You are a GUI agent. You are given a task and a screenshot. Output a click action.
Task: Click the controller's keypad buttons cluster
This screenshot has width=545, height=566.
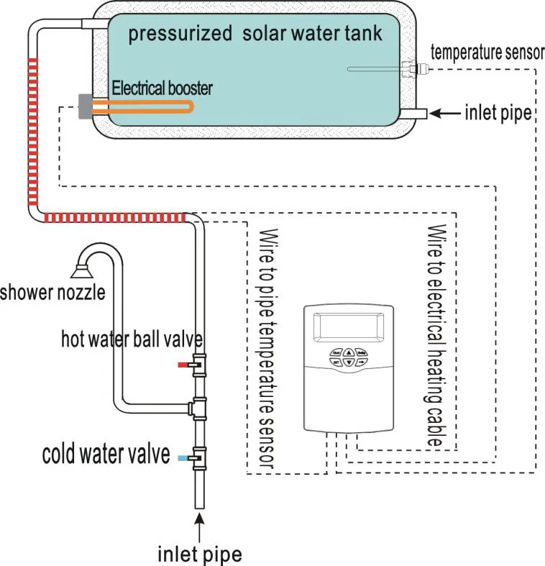point(348,357)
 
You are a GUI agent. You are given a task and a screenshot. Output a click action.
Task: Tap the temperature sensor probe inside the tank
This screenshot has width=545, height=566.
point(374,69)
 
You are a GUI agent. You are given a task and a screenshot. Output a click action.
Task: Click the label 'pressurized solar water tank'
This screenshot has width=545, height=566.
point(255,34)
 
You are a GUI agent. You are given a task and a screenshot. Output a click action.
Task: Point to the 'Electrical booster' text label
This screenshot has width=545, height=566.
point(162,88)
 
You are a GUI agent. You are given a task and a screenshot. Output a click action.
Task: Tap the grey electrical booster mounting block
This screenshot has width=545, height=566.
point(85,106)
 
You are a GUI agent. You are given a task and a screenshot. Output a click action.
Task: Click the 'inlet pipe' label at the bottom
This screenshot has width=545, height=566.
point(199,554)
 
